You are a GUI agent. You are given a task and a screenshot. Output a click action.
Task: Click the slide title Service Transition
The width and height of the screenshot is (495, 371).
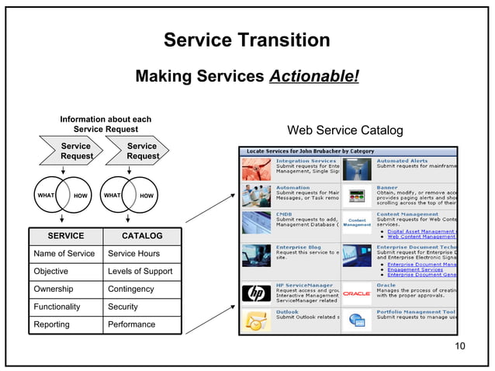click(247, 40)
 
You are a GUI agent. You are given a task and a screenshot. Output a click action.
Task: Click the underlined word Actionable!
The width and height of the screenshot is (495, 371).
click(313, 76)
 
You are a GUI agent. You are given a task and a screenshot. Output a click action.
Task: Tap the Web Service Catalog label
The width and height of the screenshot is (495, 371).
click(344, 130)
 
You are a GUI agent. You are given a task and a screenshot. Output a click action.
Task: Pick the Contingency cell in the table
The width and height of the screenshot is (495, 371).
click(131, 289)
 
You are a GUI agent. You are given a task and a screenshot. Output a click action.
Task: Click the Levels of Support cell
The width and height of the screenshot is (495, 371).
click(140, 271)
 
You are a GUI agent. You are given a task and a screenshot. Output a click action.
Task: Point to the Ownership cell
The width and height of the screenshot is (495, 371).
click(54, 289)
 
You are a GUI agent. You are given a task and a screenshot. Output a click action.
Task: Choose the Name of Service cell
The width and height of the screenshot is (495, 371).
click(64, 253)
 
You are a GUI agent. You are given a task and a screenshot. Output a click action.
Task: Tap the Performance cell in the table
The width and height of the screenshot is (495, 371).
click(131, 324)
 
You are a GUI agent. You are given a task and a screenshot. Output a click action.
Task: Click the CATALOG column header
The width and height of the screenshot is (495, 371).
click(142, 235)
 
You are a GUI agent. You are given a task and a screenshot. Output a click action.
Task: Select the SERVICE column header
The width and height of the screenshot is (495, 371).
click(66, 235)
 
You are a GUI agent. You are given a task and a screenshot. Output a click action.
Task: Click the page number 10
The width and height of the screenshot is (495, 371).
click(460, 345)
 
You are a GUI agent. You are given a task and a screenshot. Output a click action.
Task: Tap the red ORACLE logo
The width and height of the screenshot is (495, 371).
click(356, 293)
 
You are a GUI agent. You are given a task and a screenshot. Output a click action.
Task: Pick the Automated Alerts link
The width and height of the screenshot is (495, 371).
click(402, 161)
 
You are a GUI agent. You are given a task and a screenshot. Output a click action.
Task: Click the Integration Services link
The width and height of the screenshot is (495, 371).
click(306, 161)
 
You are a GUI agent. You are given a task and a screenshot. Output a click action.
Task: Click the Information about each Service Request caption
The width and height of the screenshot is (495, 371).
click(106, 124)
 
